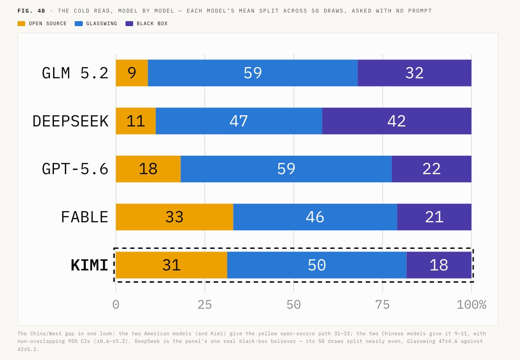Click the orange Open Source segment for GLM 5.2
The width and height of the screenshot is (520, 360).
(x=132, y=73)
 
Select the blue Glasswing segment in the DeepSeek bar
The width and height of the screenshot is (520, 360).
(x=239, y=121)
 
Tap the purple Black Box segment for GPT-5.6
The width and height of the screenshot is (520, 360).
(x=431, y=169)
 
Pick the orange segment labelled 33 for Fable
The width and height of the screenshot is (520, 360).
(x=175, y=217)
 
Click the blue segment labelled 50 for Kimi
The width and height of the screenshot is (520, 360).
(x=317, y=265)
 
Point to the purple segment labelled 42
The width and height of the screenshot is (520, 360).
(x=397, y=121)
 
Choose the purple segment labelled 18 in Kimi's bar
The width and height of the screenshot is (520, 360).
(x=439, y=265)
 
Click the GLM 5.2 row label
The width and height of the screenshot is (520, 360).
(x=75, y=73)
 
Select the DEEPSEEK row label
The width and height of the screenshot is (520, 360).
(x=71, y=121)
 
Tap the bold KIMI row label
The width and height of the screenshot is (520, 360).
(x=90, y=265)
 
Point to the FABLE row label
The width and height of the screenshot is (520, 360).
(x=85, y=217)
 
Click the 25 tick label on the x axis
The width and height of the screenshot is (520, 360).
(x=205, y=305)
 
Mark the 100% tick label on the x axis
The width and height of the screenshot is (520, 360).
(x=471, y=305)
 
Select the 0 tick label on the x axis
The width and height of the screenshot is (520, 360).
(x=116, y=305)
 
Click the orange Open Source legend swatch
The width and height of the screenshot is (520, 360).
(x=21, y=23)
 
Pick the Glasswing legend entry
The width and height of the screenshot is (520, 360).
(x=96, y=23)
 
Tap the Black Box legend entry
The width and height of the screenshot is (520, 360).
(x=147, y=23)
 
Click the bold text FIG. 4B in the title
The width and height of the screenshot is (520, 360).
(x=31, y=11)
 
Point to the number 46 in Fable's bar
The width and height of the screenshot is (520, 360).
(x=315, y=217)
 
